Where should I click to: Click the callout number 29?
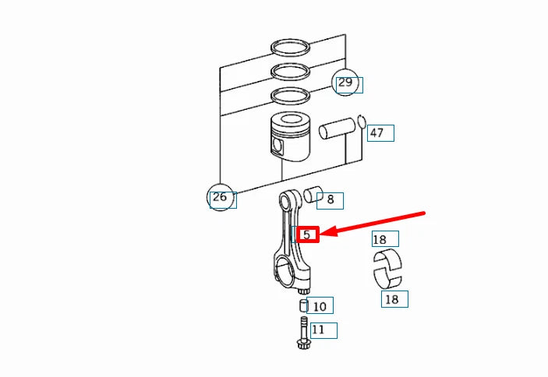coord(345,83)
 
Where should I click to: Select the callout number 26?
coord(220,197)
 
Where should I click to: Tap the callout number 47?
coord(377,133)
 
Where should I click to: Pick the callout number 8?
coord(331,199)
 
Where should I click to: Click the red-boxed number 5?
coord(307,234)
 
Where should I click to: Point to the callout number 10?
coord(320,306)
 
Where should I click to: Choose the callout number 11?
coord(318,329)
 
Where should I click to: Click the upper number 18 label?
coord(380,239)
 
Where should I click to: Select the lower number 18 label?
coord(391,299)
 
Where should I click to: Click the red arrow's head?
coord(328,231)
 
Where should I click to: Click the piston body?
coord(291,137)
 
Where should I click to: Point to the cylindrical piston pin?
coord(337,129)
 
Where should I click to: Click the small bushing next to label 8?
coord(313,195)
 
